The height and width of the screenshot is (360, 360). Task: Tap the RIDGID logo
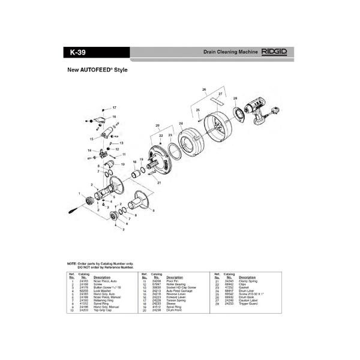coord(274,52)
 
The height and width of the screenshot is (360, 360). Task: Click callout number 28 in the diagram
coord(235,98)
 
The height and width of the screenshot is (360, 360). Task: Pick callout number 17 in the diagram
coord(114,107)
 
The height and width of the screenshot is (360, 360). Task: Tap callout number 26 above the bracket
coord(204,90)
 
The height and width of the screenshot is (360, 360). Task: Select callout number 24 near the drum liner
coord(181,124)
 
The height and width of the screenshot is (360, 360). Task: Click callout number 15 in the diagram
coord(92,139)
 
